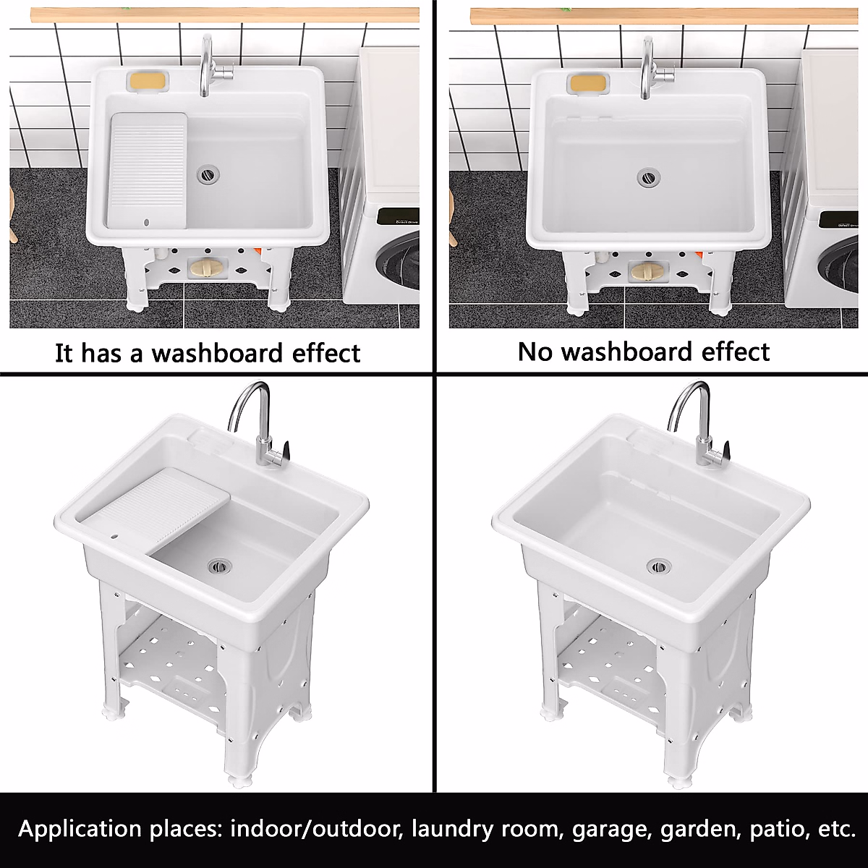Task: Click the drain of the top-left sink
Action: (208, 174)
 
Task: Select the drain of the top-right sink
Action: (647, 176)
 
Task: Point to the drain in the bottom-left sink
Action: (217, 565)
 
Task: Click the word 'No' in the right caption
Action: (536, 352)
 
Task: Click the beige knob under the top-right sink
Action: (644, 271)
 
